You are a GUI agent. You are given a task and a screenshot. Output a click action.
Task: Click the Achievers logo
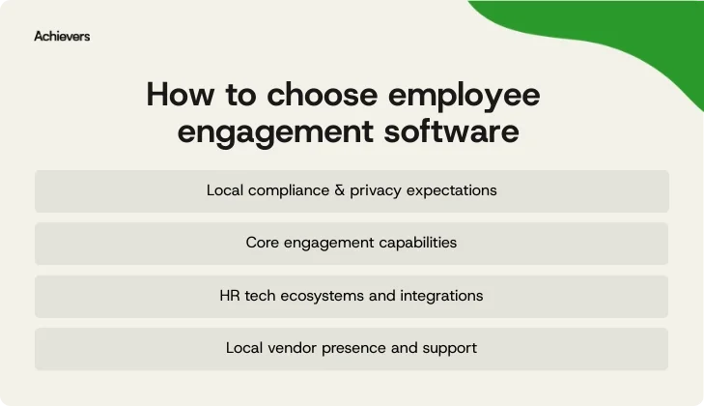[62, 36]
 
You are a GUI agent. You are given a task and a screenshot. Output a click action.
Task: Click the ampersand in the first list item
[337, 190]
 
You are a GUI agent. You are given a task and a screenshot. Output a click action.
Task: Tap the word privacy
[377, 190]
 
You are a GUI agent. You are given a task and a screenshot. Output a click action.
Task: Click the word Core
[263, 243]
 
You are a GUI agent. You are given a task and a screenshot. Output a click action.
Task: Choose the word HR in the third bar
[230, 295]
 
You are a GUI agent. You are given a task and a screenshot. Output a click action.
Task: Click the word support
[450, 347]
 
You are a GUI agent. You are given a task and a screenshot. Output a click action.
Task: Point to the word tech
[261, 295]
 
